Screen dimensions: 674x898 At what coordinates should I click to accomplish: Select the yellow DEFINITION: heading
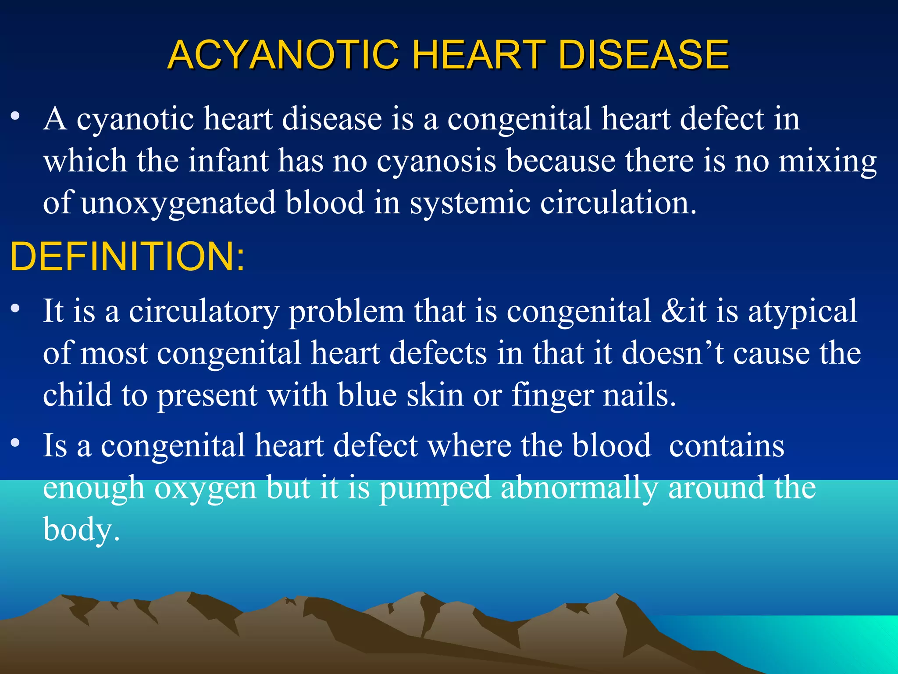(x=127, y=257)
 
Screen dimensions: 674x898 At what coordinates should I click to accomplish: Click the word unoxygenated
(x=178, y=204)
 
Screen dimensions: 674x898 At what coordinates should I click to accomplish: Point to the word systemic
(x=470, y=204)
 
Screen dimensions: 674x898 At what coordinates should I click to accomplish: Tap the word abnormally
(x=579, y=488)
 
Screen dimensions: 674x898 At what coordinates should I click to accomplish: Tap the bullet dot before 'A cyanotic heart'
(x=16, y=116)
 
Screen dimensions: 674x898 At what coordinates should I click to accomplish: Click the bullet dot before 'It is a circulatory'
(x=16, y=308)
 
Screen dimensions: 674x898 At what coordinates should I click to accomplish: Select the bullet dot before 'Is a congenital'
(x=16, y=443)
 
